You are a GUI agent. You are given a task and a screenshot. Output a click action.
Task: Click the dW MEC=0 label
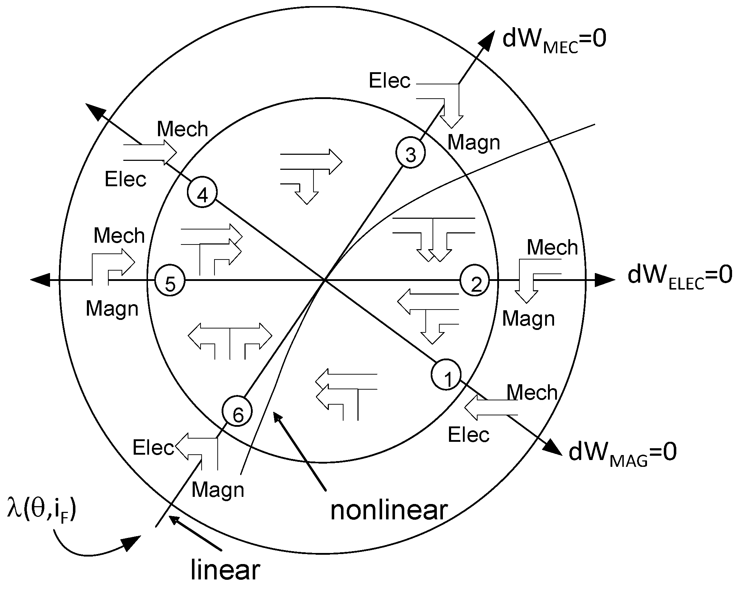pyautogui.click(x=554, y=41)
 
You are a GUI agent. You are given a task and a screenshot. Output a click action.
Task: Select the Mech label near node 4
pyautogui.click(x=182, y=129)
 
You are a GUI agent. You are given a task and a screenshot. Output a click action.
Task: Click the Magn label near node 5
pyautogui.click(x=112, y=308)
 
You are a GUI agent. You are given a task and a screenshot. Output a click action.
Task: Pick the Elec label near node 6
pyautogui.click(x=153, y=448)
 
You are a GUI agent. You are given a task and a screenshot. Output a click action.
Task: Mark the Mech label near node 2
pyautogui.click(x=552, y=248)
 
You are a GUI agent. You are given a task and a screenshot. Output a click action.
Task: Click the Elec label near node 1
pyautogui.click(x=469, y=435)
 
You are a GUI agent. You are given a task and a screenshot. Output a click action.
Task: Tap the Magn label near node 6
pyautogui.click(x=218, y=490)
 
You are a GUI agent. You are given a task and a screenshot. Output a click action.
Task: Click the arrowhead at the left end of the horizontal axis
pyautogui.click(x=39, y=281)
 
